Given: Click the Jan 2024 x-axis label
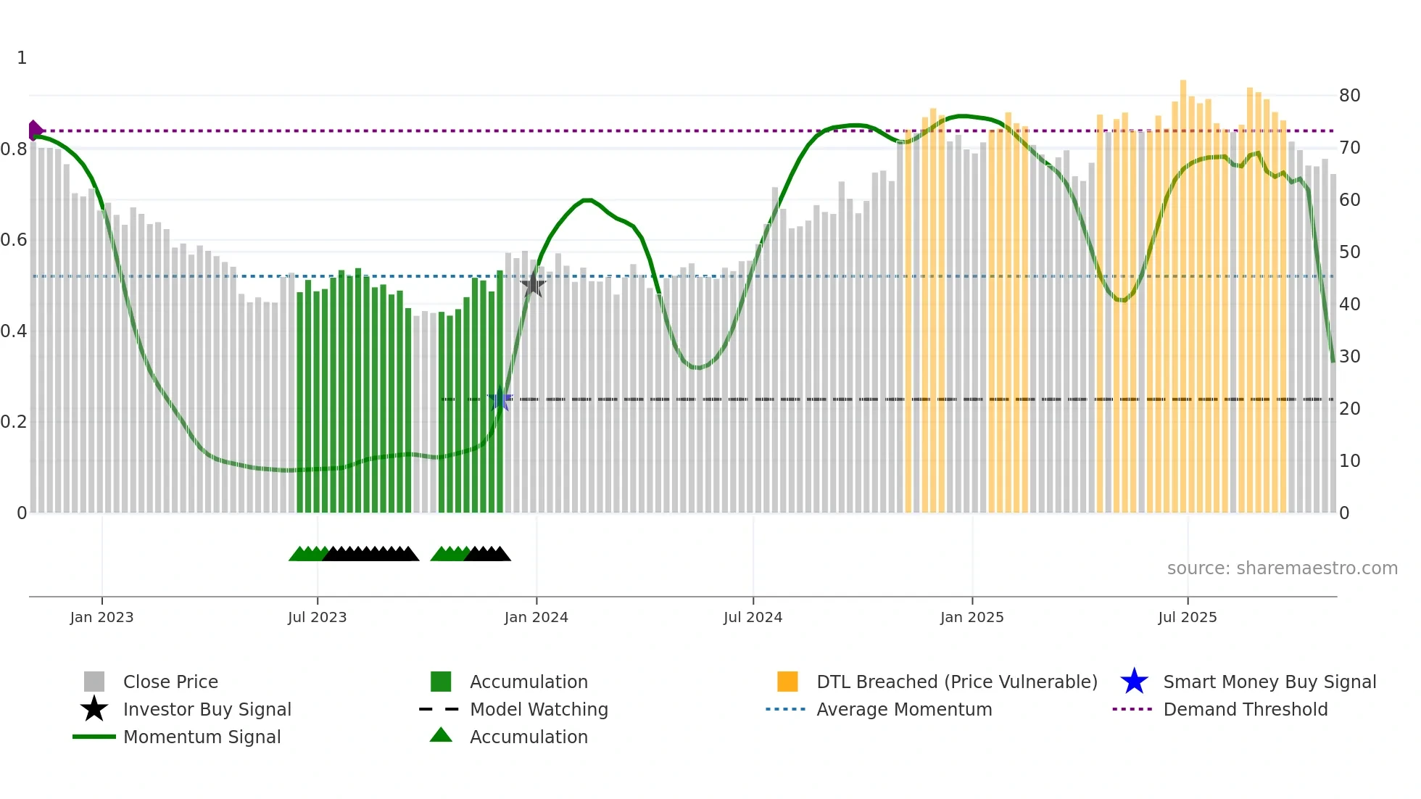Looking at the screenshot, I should [536, 617].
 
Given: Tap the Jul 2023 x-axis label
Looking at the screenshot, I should [317, 617].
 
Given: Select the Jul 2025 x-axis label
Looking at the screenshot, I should [1187, 617].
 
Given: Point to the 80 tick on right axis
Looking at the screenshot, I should [1349, 96].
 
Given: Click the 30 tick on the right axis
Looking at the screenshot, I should [1349, 357].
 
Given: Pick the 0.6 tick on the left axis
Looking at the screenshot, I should [14, 240].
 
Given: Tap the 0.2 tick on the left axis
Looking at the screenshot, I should [14, 422].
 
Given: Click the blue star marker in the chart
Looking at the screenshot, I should [500, 399].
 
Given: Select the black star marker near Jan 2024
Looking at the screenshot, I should [533, 285].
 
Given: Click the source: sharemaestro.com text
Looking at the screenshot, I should [1282, 568].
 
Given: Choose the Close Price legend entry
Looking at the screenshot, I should [170, 682].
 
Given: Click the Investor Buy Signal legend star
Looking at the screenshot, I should [94, 709].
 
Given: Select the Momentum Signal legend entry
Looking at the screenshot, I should [202, 737].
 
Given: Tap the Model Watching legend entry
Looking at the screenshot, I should [539, 709].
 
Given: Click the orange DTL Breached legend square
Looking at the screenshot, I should [787, 682].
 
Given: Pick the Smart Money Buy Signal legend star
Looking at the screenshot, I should [1134, 682].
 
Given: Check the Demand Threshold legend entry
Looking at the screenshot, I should [1245, 709].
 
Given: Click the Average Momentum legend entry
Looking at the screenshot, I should [903, 709].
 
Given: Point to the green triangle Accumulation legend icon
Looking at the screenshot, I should [441, 736].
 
